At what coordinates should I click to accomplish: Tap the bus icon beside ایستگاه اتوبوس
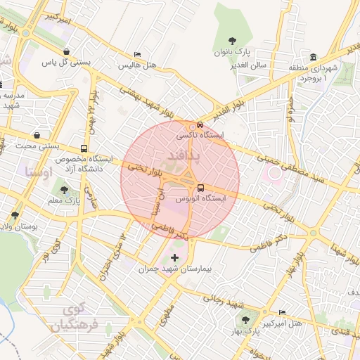[x=201, y=188]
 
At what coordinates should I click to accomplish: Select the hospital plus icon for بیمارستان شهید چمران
[x=175, y=258]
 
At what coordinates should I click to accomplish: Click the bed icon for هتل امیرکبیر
[x=282, y=312]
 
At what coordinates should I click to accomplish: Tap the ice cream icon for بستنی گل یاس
[x=66, y=51]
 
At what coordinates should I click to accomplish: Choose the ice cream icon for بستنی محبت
[x=36, y=135]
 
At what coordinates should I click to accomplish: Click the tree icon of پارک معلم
[x=65, y=190]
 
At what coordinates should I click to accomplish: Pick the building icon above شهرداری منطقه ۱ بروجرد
[x=313, y=57]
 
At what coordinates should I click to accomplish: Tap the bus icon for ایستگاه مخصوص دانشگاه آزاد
[x=84, y=149]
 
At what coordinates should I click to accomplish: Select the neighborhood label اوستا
[x=38, y=171]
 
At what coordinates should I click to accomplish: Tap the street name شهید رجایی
[x=224, y=301]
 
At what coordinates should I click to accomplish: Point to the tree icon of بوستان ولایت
[x=15, y=215]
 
